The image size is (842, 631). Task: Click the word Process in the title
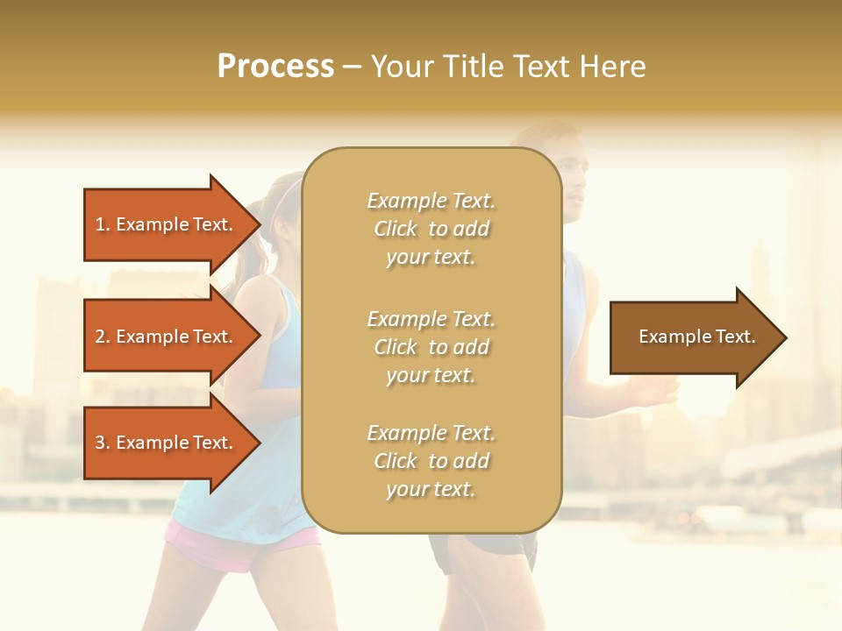coord(275,67)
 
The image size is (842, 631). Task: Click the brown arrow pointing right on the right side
coord(693,337)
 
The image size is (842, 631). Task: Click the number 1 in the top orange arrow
coord(100,224)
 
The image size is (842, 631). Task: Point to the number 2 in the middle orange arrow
coord(100,337)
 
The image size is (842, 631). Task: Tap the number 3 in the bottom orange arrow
coord(100,443)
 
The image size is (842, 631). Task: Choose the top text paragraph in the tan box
coord(431,229)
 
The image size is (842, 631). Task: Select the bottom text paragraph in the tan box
coord(431,461)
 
